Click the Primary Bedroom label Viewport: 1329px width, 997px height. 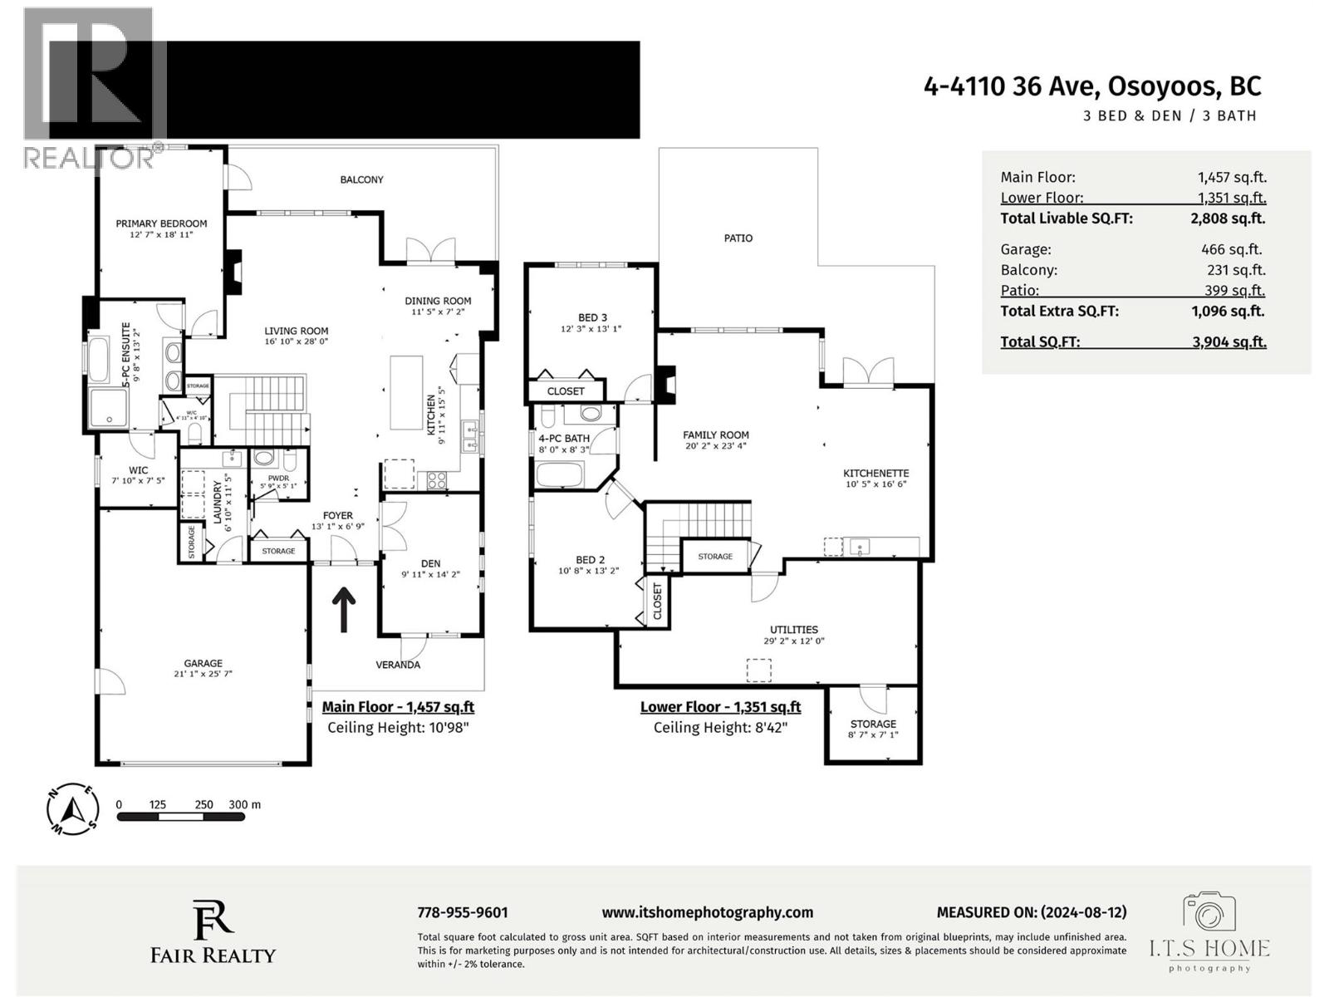click(161, 223)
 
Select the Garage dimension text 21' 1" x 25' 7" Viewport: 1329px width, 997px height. click(203, 674)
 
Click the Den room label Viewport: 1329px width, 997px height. click(431, 562)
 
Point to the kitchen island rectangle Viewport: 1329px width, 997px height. click(406, 392)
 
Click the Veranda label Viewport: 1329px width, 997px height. click(398, 665)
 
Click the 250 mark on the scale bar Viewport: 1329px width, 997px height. click(204, 804)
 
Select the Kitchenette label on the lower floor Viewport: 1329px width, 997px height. click(876, 473)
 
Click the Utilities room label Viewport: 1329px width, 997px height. click(793, 630)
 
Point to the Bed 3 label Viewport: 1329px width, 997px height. click(592, 317)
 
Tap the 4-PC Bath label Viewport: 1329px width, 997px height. click(564, 439)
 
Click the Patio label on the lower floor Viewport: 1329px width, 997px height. click(738, 238)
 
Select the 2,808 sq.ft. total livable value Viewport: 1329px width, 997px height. click(1227, 219)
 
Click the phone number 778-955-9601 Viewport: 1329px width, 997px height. click(462, 912)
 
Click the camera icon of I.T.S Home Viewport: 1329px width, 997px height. click(1209, 914)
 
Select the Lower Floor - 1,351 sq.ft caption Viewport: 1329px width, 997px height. click(720, 707)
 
